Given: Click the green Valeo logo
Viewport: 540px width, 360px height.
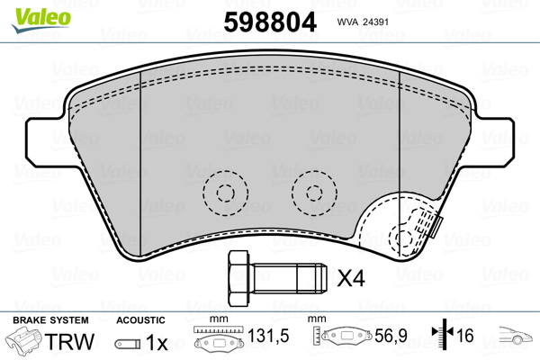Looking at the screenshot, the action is click(41, 20).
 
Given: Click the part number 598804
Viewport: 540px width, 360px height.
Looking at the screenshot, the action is click(270, 22).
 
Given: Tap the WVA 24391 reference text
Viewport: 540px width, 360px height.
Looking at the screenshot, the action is click(363, 22).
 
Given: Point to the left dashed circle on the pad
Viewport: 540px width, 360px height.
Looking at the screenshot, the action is click(225, 193).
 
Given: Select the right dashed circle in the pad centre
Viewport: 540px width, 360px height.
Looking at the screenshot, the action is click(314, 193).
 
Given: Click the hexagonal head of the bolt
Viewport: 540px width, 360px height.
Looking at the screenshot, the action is click(238, 278).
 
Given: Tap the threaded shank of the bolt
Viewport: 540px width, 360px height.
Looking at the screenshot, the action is click(287, 278).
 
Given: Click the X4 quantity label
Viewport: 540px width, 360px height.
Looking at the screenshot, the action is click(351, 278).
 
